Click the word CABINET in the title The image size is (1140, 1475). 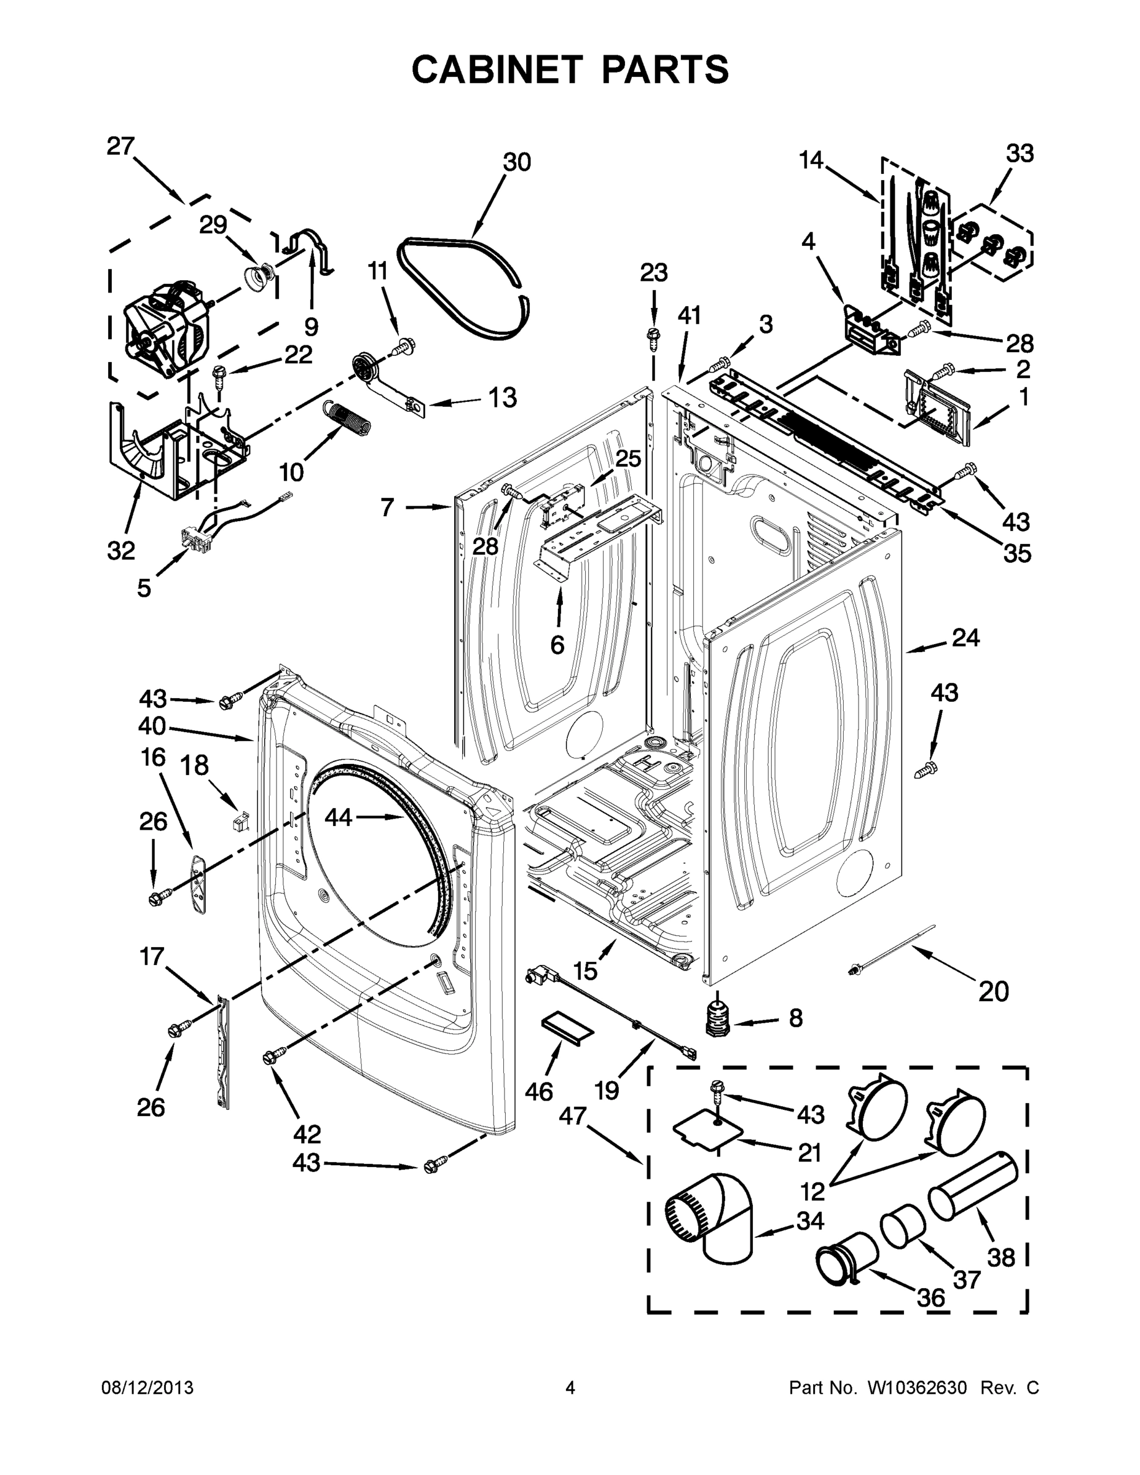pos(497,69)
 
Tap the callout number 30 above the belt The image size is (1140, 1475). pos(517,163)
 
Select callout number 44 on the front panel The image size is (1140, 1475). pos(339,817)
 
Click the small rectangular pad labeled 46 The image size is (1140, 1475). pos(567,1029)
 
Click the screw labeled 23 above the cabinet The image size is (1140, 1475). pos(653,336)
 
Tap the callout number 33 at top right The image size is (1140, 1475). pos(1020,154)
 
